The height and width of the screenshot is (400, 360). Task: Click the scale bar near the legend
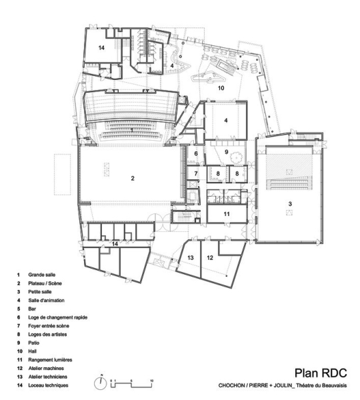tap(131, 384)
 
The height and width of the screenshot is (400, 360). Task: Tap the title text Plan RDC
tap(321, 373)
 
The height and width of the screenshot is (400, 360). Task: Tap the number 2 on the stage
tap(133, 178)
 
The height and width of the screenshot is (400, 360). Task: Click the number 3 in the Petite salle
tap(290, 204)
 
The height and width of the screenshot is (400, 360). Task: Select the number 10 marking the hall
tap(221, 88)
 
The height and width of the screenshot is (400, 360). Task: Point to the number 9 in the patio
tap(226, 152)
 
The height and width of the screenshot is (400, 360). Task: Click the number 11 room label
tap(227, 214)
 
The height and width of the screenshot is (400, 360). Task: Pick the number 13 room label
tap(191, 257)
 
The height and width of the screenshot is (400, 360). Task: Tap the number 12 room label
tap(210, 257)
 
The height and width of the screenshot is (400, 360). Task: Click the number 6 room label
tap(196, 153)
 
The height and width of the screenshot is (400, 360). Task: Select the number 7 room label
tap(196, 173)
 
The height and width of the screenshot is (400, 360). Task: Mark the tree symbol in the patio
tap(237, 157)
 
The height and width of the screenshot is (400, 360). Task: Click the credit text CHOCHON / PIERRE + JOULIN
tap(255, 385)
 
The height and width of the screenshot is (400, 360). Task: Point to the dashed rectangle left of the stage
tap(62, 174)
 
